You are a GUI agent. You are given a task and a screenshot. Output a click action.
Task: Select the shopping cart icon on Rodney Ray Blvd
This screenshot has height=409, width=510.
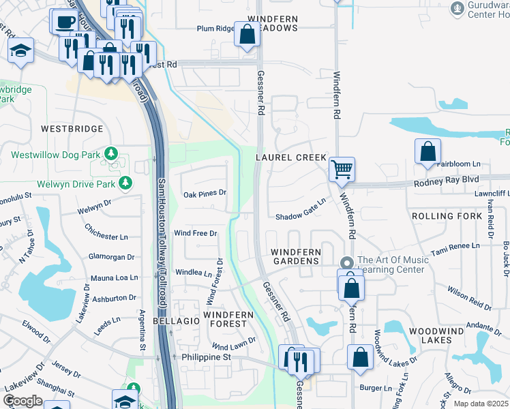tap(342, 168)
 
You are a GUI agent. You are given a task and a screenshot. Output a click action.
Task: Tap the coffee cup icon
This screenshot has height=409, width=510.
tap(65, 22)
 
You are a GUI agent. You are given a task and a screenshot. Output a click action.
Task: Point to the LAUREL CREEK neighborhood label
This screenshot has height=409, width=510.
tap(291, 157)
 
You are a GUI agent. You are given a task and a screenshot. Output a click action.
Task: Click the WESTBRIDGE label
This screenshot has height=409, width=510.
tap(72, 129)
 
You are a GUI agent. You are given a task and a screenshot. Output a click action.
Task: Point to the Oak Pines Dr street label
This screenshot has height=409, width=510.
tap(205, 194)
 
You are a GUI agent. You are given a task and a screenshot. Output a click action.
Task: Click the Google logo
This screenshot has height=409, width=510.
tap(22, 400)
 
